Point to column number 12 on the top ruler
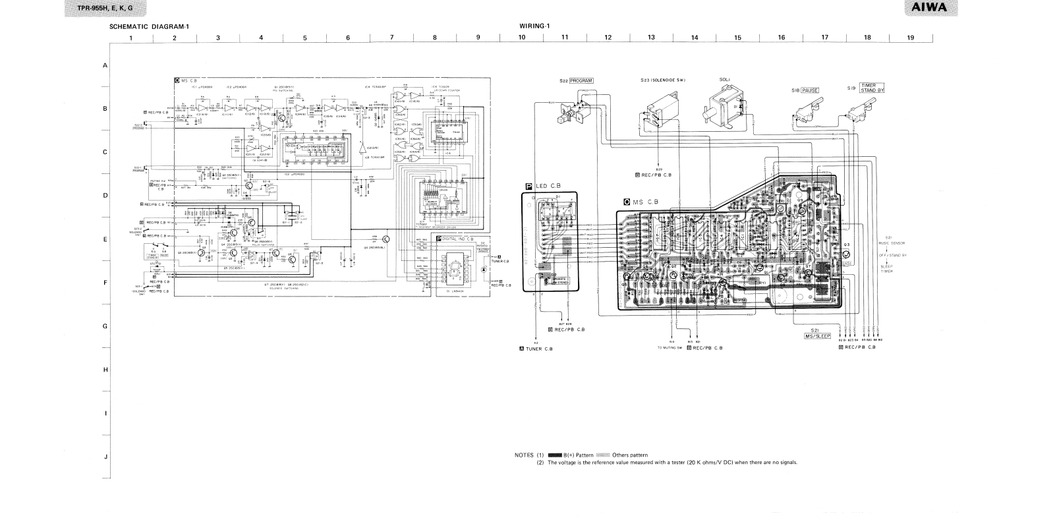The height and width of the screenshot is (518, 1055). [608, 38]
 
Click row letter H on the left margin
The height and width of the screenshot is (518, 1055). [105, 370]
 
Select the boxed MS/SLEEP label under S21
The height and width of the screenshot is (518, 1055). [817, 335]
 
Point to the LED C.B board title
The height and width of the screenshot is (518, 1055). [546, 186]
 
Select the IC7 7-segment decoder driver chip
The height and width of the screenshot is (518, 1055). [434, 204]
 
